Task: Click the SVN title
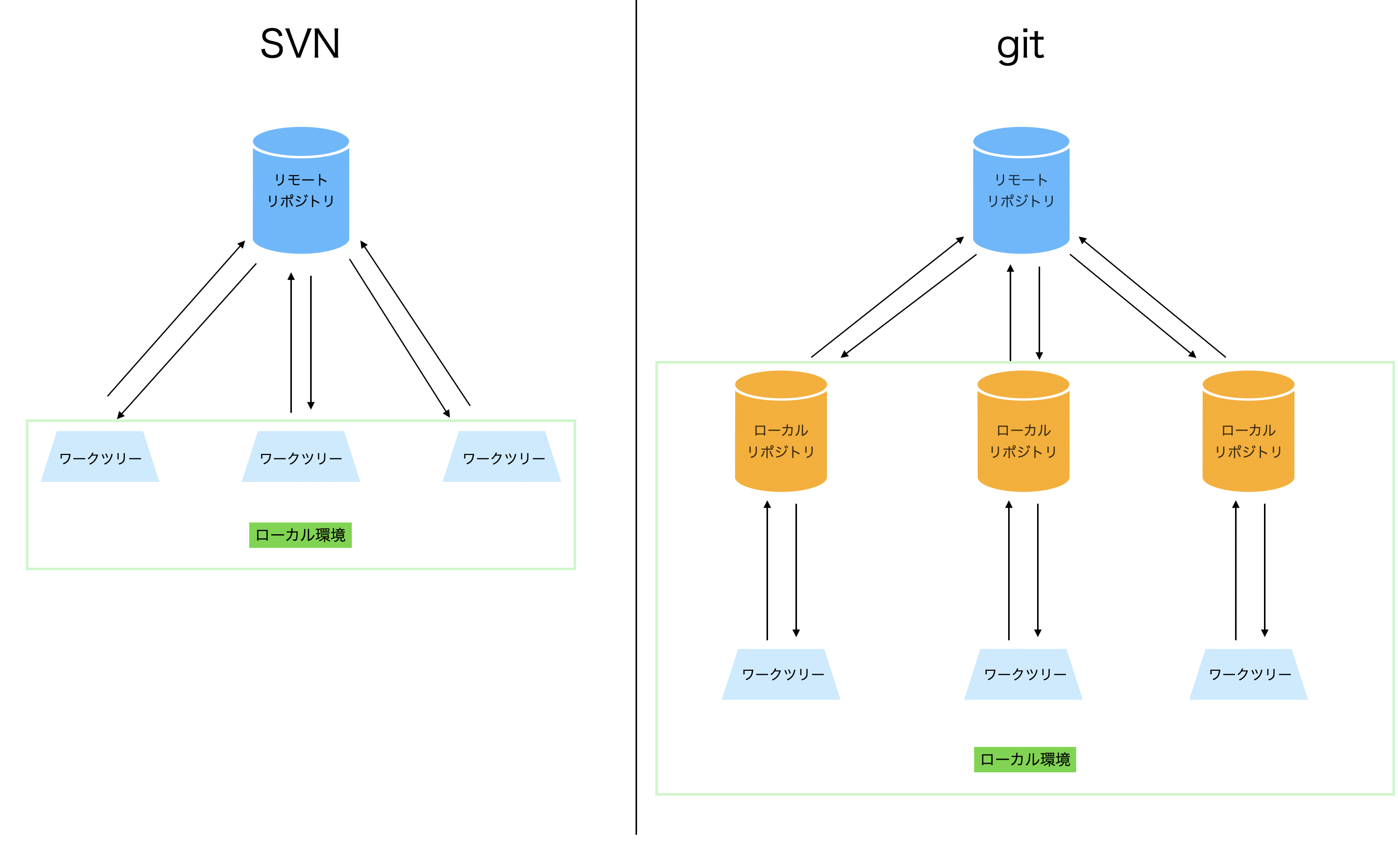[299, 44]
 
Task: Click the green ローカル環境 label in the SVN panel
[300, 535]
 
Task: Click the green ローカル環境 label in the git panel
[1025, 759]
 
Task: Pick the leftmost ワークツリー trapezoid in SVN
[100, 457]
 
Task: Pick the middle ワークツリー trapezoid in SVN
[301, 457]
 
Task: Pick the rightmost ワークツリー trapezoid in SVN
[502, 457]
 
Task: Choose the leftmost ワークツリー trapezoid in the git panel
[781, 674]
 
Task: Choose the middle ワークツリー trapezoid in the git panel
[1023, 674]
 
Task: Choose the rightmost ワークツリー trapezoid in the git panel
[1248, 674]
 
